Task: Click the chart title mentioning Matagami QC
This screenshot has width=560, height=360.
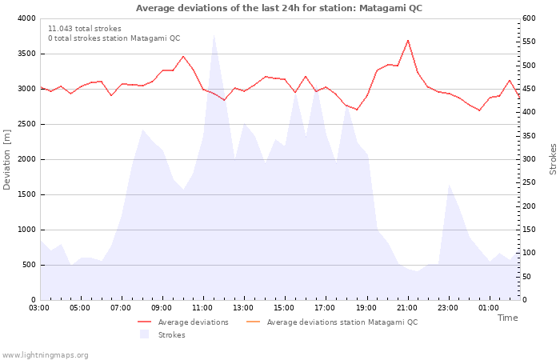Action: (279, 8)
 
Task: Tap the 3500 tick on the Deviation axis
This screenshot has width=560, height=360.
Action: (27, 54)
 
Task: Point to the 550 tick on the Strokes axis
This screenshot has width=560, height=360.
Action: (529, 42)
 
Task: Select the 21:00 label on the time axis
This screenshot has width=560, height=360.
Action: (407, 308)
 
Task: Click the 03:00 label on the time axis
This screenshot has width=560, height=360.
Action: (39, 308)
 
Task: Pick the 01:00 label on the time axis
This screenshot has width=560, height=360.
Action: (489, 308)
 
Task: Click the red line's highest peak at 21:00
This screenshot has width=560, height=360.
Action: (408, 40)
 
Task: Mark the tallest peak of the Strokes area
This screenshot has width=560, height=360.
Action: (214, 34)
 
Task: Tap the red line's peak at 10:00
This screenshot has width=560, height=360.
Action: (183, 57)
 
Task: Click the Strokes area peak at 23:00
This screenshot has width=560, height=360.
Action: (449, 185)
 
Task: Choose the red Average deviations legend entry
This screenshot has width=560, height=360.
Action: (183, 322)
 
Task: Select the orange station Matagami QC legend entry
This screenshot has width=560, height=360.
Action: (332, 322)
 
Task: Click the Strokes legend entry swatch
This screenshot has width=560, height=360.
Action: (144, 334)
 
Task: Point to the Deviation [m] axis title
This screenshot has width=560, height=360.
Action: (6, 160)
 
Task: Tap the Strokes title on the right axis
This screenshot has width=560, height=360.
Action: (553, 159)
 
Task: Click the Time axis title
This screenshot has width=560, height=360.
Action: (507, 318)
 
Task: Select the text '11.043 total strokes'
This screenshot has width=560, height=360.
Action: (85, 29)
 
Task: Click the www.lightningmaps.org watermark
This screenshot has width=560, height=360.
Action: (45, 355)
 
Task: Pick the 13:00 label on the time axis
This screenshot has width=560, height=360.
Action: (243, 308)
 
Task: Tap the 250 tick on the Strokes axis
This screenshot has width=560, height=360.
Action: (529, 182)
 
